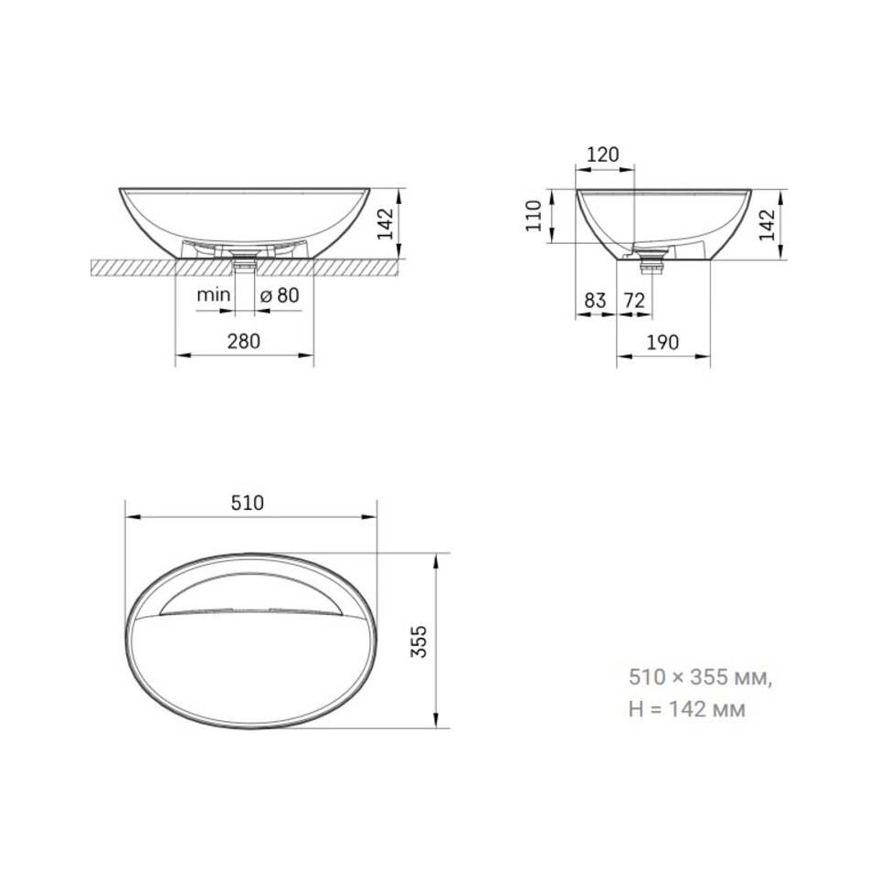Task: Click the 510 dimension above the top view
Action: [248, 503]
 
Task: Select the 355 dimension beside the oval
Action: [419, 641]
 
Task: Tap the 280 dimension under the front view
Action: [244, 341]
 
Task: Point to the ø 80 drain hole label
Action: [280, 295]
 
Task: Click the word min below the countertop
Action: [213, 294]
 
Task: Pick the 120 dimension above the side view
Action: [603, 154]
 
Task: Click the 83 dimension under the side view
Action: [596, 301]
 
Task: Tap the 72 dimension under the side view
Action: [635, 301]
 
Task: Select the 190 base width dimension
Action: [663, 342]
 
